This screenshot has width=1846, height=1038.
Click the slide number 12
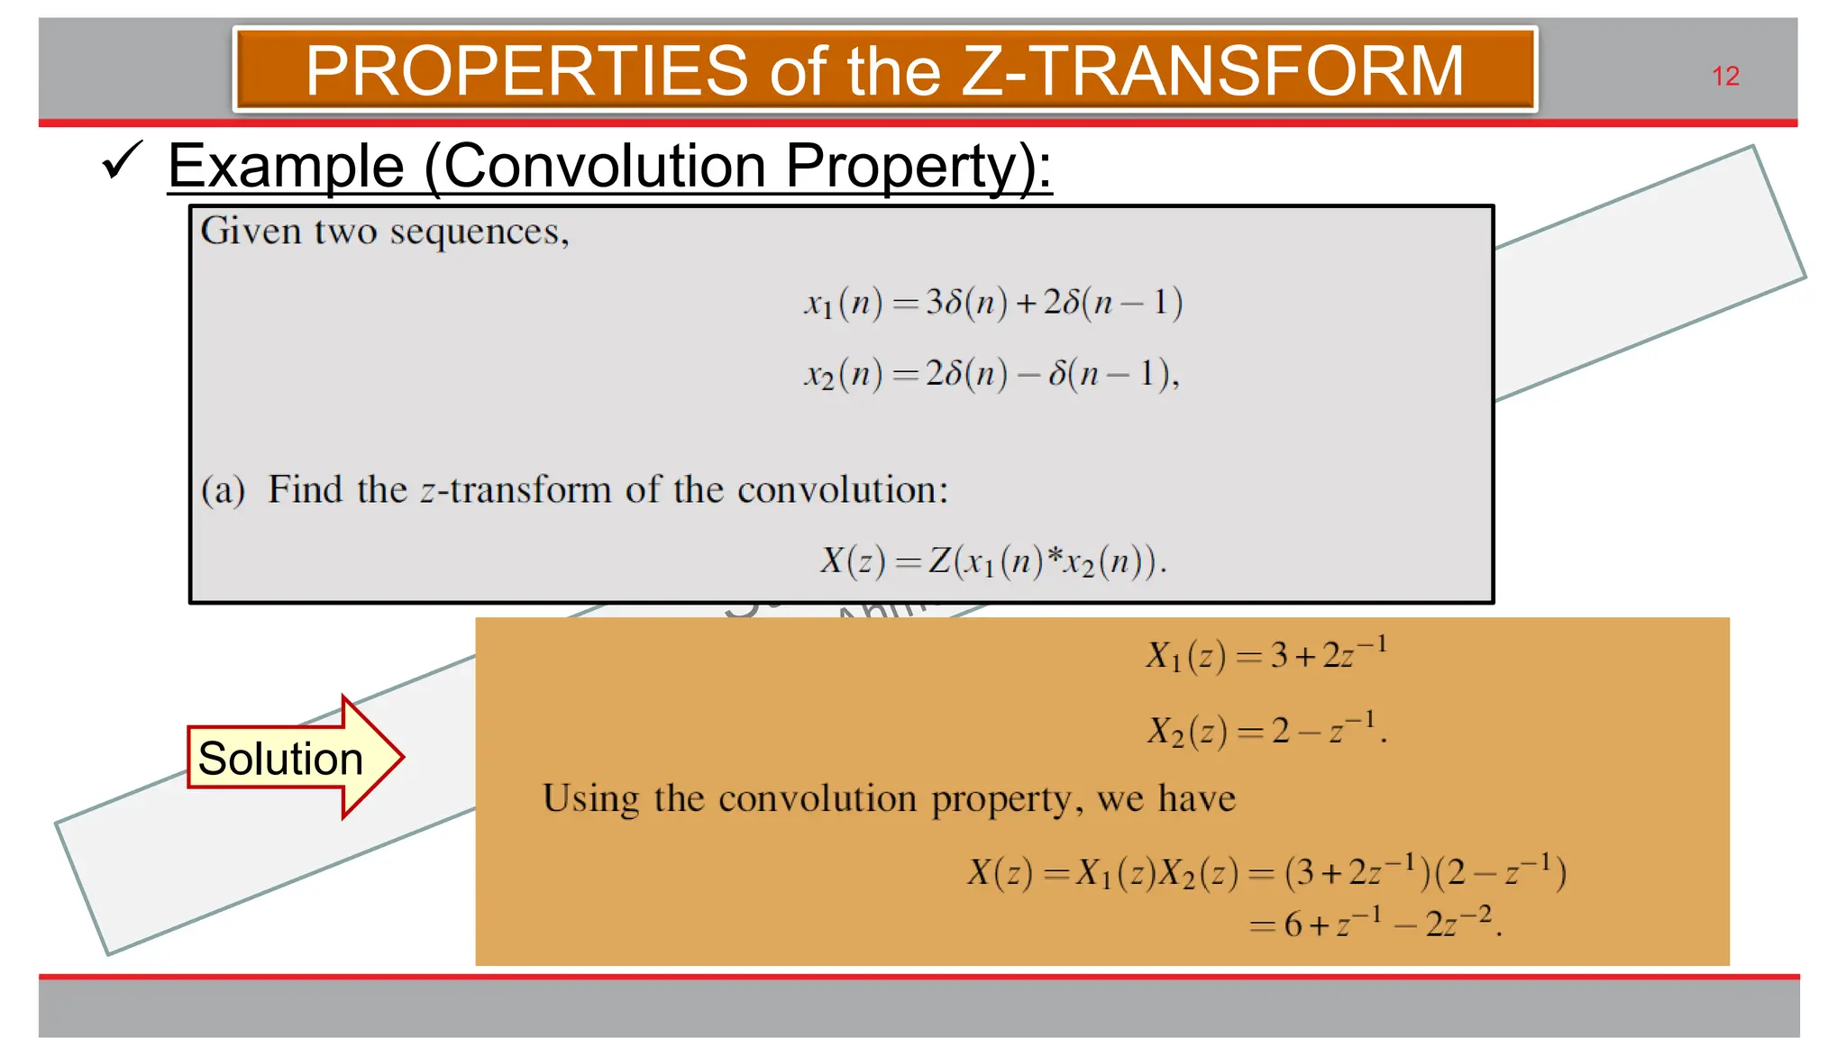[1725, 77]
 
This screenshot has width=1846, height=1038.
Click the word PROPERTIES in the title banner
[526, 71]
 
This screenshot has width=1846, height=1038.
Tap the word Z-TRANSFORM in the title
[1212, 71]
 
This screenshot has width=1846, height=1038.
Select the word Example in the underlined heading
[286, 166]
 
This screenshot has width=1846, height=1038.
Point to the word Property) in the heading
[918, 166]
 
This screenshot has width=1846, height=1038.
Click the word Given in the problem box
[251, 232]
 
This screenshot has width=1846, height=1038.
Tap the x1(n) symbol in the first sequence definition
[843, 303]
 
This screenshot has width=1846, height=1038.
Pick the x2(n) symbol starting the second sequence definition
[843, 373]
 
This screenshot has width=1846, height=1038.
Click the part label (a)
[223, 490]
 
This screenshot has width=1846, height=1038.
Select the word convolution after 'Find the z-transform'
[842, 490]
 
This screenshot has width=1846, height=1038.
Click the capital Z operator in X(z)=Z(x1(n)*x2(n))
[940, 560]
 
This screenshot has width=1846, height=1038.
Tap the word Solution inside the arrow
[280, 758]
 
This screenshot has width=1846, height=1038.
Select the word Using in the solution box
[591, 798]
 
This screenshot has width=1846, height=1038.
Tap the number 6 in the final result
[1293, 924]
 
